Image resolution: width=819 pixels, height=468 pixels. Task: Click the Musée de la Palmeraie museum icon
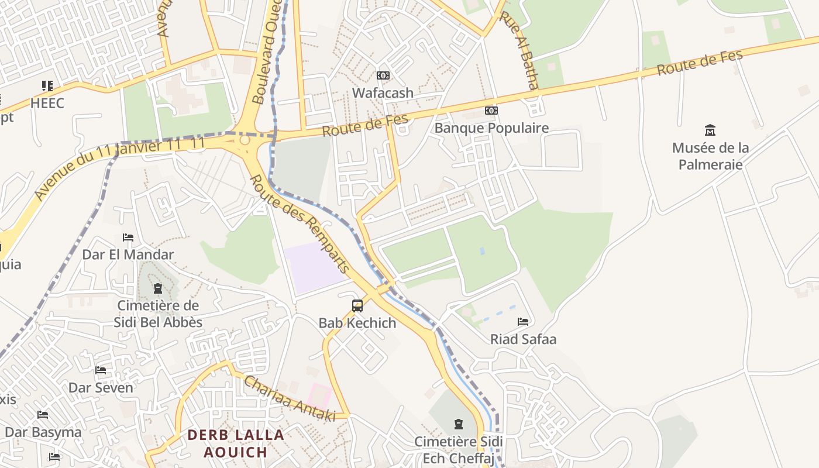[710, 130]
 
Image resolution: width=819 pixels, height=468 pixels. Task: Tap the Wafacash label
[383, 93]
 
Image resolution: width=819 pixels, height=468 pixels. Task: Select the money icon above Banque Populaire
[491, 111]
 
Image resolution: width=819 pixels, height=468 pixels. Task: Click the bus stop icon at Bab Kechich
[357, 305]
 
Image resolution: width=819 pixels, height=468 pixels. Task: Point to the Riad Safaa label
[523, 339]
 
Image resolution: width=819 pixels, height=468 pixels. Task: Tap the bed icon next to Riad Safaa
[523, 322]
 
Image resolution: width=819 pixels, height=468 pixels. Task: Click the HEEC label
[47, 104]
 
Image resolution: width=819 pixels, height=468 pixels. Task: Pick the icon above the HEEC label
[47, 87]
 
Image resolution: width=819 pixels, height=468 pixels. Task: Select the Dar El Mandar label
[128, 255]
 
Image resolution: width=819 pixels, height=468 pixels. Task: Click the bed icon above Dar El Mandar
[128, 238]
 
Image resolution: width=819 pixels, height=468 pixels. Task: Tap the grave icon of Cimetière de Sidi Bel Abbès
[157, 288]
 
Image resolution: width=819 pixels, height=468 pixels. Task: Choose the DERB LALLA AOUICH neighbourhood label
[236, 443]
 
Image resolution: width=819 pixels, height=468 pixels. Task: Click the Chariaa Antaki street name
[289, 398]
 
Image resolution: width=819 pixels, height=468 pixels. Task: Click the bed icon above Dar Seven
[101, 370]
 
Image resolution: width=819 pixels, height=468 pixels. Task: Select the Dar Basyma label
[43, 433]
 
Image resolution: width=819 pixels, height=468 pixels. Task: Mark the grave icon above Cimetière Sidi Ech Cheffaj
[458, 424]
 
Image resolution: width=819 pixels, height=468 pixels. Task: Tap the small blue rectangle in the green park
[481, 251]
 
